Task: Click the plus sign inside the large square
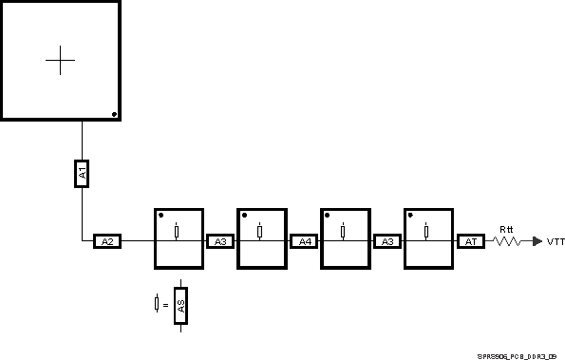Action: [x=60, y=60]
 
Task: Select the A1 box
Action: [x=83, y=173]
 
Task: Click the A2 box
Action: [x=107, y=242]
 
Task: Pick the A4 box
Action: [x=304, y=242]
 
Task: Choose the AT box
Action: [x=470, y=242]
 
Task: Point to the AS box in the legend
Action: [x=180, y=306]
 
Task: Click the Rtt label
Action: [x=507, y=229]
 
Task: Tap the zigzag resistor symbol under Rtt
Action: [x=507, y=242]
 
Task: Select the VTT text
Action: [x=556, y=242]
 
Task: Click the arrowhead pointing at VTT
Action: [x=537, y=242]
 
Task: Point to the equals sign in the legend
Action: [x=166, y=305]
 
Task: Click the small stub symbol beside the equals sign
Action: [x=157, y=304]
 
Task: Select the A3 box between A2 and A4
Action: [x=220, y=242]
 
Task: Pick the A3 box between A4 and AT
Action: [x=386, y=242]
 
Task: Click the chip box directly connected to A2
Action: [x=179, y=238]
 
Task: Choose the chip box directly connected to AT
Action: [x=429, y=238]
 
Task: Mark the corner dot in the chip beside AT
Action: [x=411, y=215]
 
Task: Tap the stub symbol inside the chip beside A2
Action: [x=177, y=232]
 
